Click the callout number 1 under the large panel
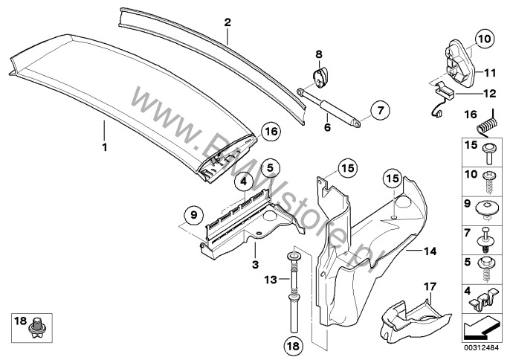pyautogui.click(x=105, y=147)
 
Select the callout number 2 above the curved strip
pyautogui.click(x=227, y=23)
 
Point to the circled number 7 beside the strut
pyautogui.click(x=378, y=111)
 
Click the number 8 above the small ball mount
pyautogui.click(x=319, y=54)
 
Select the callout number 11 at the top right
pyautogui.click(x=490, y=73)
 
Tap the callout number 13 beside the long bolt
pyautogui.click(x=270, y=279)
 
